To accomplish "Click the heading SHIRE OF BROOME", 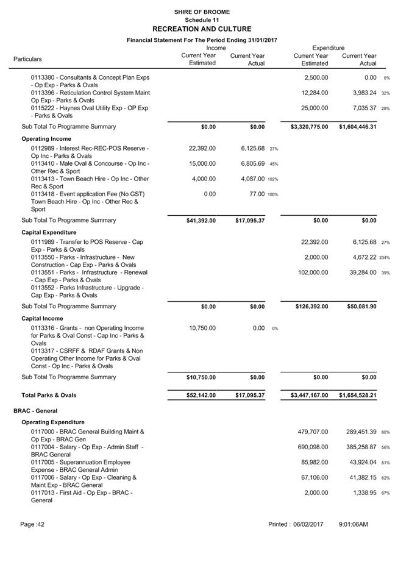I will click(x=202, y=12).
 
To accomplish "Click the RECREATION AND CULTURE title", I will click(x=202, y=29).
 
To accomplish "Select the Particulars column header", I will click(x=28, y=59).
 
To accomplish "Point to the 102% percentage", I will click(x=272, y=179).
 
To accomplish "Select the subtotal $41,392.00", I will click(x=201, y=221).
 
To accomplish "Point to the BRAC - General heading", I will click(x=35, y=411).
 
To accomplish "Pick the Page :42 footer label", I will click(x=32, y=524).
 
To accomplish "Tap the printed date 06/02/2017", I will click(x=308, y=524).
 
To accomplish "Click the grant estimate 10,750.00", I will click(x=202, y=328).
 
